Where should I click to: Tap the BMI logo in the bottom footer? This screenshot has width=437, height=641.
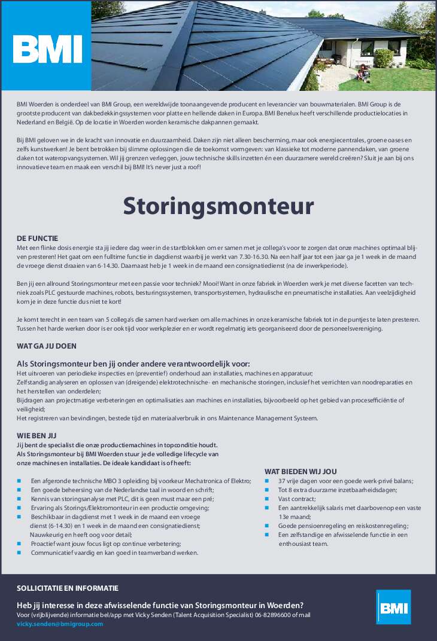pos(393,608)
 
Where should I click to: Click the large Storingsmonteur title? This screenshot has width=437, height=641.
pos(218,206)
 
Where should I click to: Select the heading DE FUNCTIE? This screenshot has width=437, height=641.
pos(38,238)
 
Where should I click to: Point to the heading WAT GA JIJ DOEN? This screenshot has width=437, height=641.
pos(47,346)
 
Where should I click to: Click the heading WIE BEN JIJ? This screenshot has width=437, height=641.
pos(37,435)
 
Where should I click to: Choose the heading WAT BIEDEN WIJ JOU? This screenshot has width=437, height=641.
pos(301,471)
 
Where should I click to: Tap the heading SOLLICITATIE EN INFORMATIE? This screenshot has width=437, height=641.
pos(68,588)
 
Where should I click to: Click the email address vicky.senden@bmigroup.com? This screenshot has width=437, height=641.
pos(60,624)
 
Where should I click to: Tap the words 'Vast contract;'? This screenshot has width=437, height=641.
pos(296,499)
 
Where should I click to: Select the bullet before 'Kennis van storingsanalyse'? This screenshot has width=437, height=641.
pos(19,499)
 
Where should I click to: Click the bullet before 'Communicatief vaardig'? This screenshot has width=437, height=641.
pos(19,553)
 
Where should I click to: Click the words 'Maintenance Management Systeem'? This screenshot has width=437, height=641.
pos(268,418)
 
